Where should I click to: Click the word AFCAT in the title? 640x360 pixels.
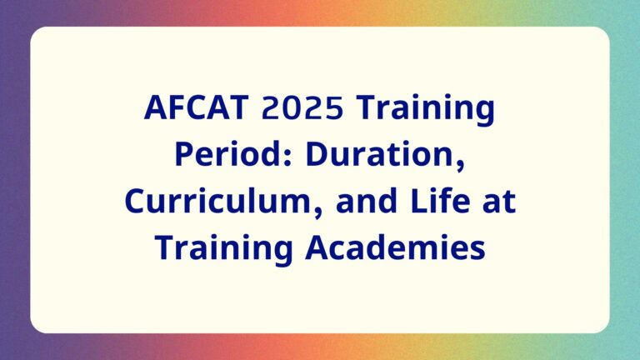(197, 107)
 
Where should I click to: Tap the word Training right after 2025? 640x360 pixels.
(425, 110)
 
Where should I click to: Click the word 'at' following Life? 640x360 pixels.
(499, 202)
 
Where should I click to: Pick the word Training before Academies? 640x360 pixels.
(223, 250)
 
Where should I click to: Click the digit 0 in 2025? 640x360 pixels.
(292, 107)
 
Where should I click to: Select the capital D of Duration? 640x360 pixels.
(317, 154)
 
